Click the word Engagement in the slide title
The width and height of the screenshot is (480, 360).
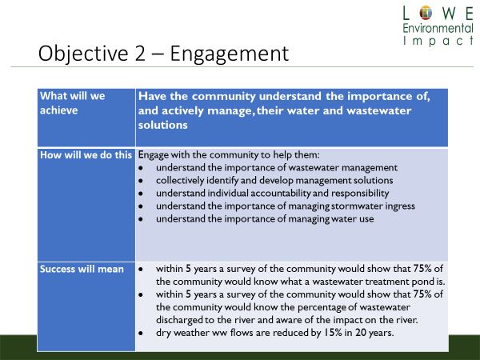coord(230,54)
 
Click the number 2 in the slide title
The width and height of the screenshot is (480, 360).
coord(139,54)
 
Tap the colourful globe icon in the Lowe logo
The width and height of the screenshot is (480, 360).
coord(426,13)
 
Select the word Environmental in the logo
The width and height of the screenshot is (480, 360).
coord(438,28)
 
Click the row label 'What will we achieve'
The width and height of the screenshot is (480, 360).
coord(73,103)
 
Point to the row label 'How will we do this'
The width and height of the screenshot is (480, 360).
coord(86,155)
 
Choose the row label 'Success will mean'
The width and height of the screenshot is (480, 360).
coord(82,269)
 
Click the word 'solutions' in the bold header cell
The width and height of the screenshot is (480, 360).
coord(162,125)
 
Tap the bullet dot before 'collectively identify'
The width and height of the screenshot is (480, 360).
coord(141,181)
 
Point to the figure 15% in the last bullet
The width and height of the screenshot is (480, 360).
coord(333,333)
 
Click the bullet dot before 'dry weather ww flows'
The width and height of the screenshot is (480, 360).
coord(141,334)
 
